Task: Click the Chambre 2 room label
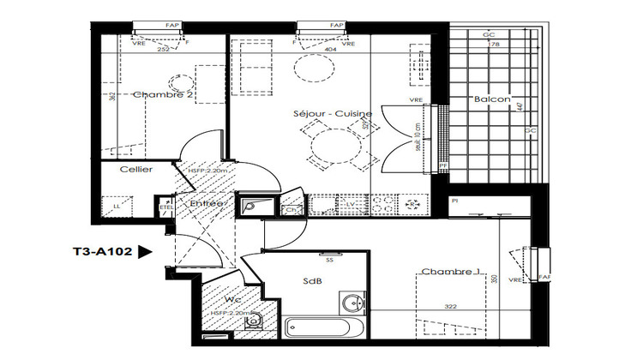point(164,96)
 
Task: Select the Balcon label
point(492,100)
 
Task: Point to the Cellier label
point(136,170)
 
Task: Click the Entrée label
point(207,203)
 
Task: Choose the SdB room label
point(313,281)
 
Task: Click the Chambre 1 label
point(448,272)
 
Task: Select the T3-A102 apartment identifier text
point(101,252)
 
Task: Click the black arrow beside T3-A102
point(145,252)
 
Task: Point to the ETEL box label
point(165,206)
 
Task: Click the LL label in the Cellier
point(117,206)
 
